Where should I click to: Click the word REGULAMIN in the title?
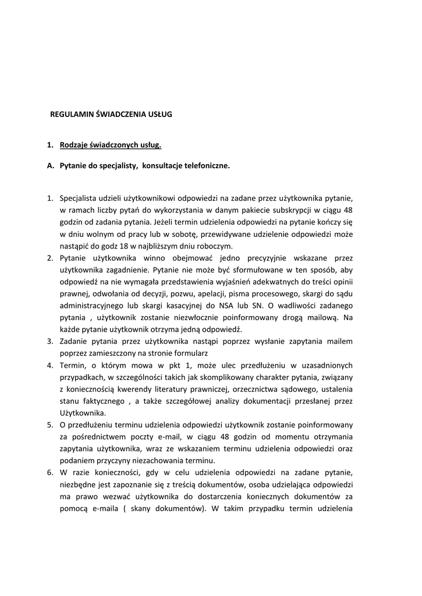click(70, 115)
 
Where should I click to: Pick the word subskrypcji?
click(293, 210)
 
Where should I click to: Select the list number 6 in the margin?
click(50, 473)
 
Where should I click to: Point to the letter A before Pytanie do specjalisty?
click(50, 166)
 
